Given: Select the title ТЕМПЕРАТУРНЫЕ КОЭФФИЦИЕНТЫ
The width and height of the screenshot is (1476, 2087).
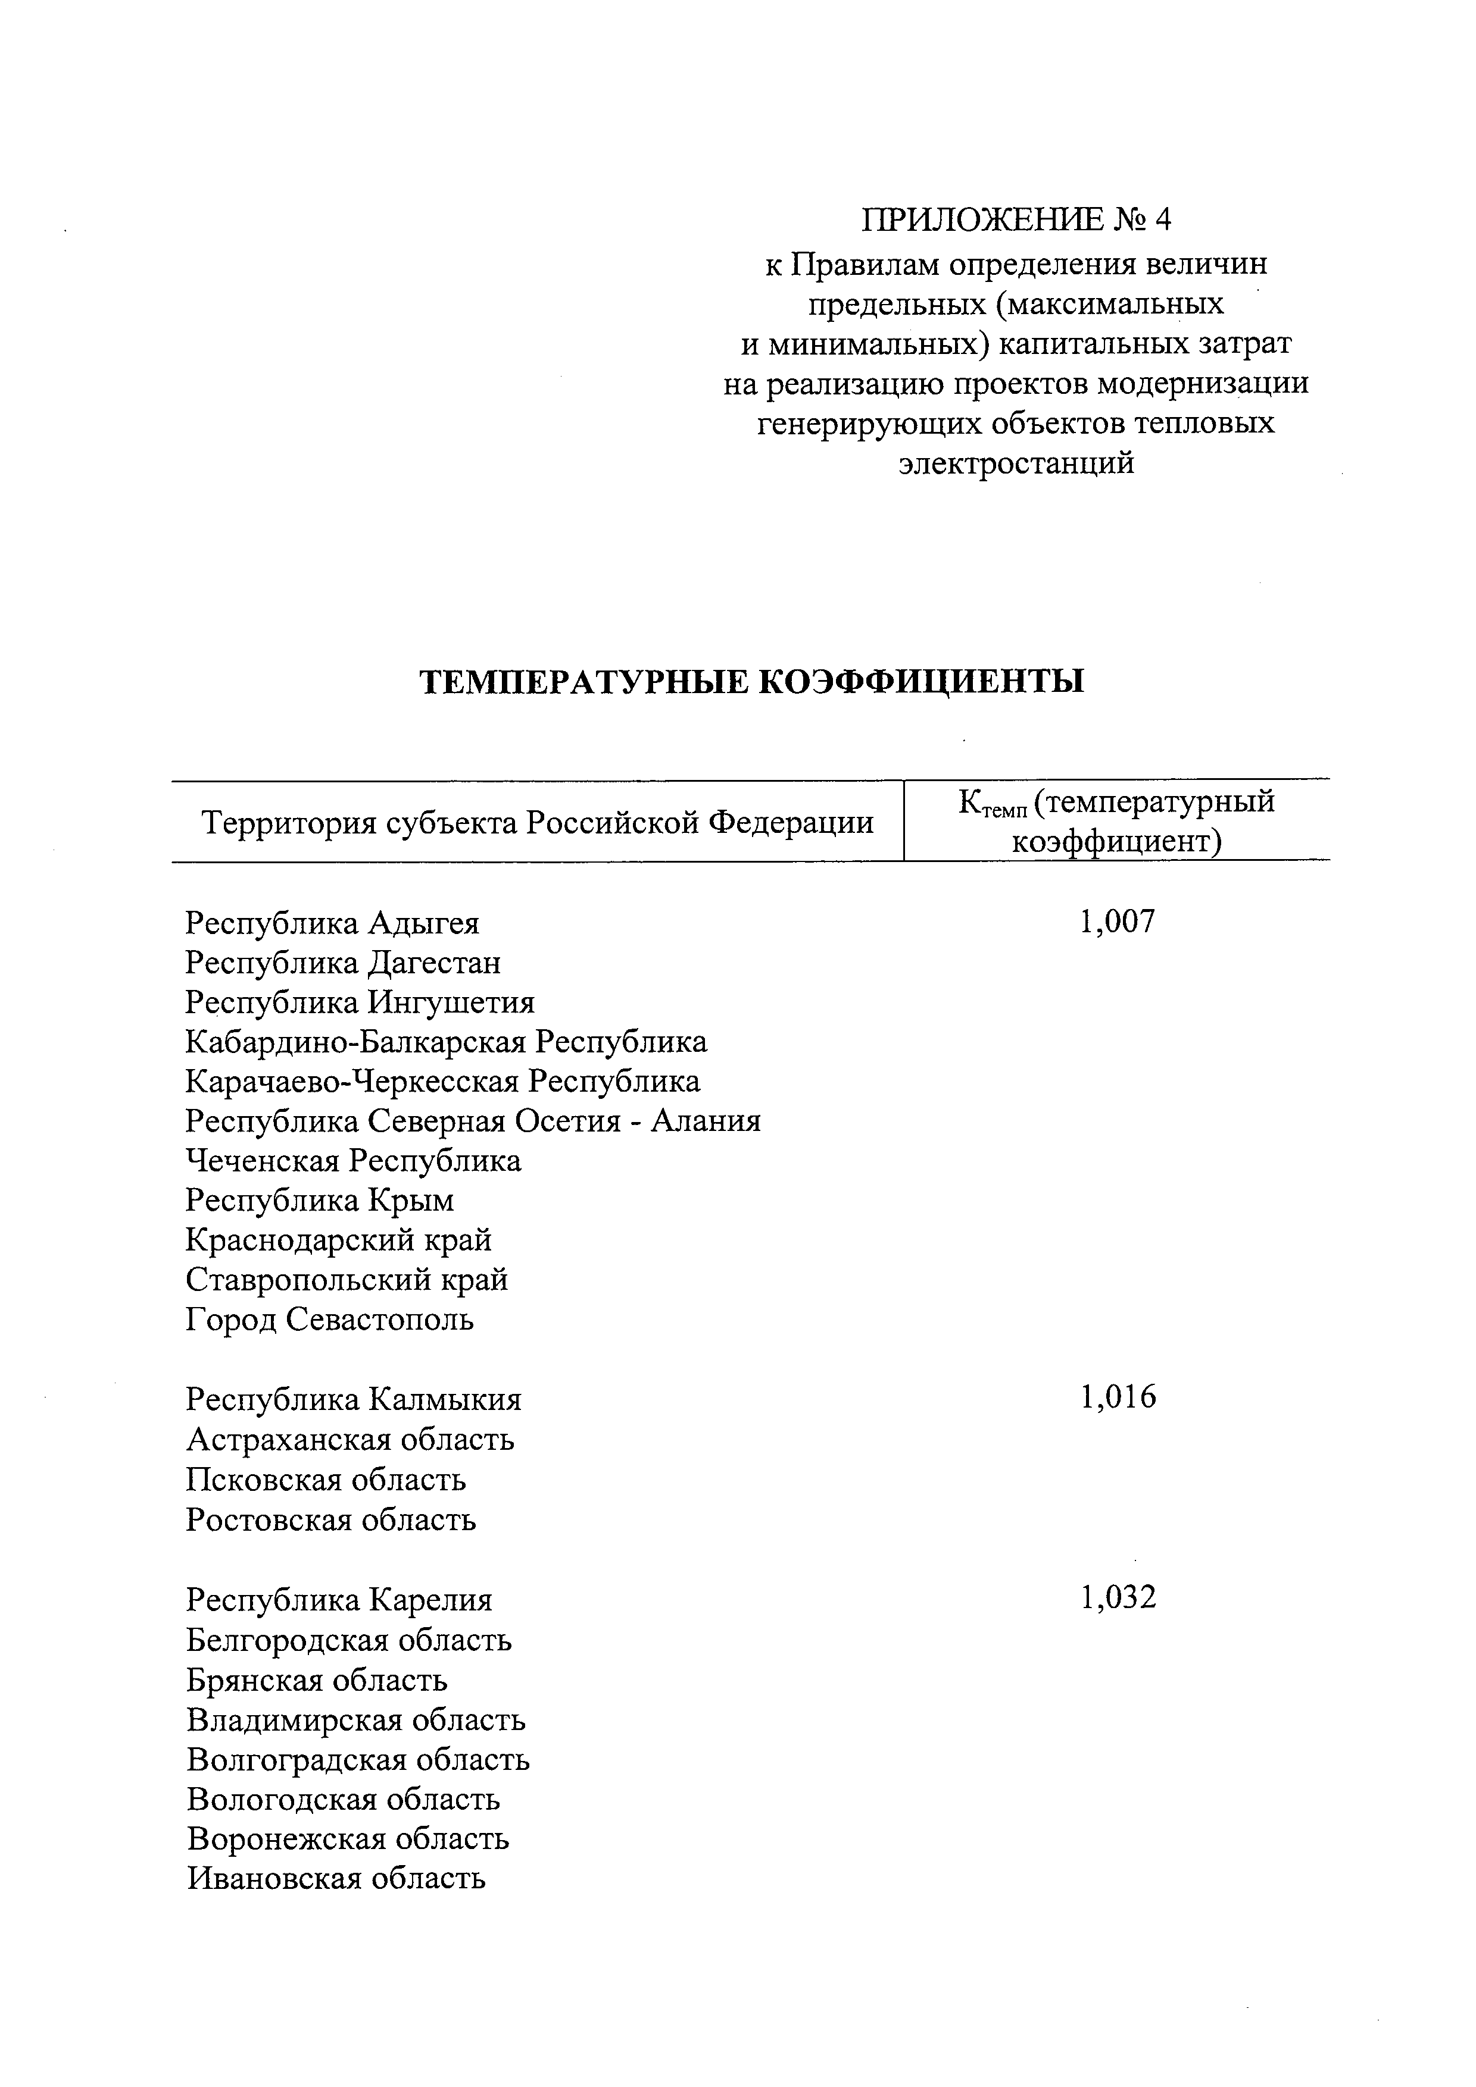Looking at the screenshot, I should click(751, 681).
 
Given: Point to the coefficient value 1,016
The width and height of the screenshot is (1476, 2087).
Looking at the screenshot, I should click(1118, 1397).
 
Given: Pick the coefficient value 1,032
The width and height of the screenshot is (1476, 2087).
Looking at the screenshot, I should click(1118, 1597).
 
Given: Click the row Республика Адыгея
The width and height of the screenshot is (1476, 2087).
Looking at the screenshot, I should click(332, 923).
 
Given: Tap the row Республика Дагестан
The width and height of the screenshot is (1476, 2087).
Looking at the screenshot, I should click(343, 963).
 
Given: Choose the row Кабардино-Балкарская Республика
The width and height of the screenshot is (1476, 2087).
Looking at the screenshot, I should click(445, 1042).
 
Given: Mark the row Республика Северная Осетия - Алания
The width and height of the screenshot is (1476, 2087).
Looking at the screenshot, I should click(473, 1121).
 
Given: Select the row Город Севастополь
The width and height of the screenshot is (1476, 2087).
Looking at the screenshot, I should click(329, 1320).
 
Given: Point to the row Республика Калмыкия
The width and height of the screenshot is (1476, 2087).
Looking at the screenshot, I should click(354, 1400).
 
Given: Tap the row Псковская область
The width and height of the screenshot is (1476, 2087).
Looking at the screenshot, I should click(326, 1480).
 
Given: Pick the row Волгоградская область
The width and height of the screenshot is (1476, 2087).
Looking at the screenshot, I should click(357, 1760).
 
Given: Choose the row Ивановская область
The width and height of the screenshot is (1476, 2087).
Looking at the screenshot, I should click(336, 1879).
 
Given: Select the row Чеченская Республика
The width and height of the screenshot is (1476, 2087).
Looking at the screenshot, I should click(353, 1161).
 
